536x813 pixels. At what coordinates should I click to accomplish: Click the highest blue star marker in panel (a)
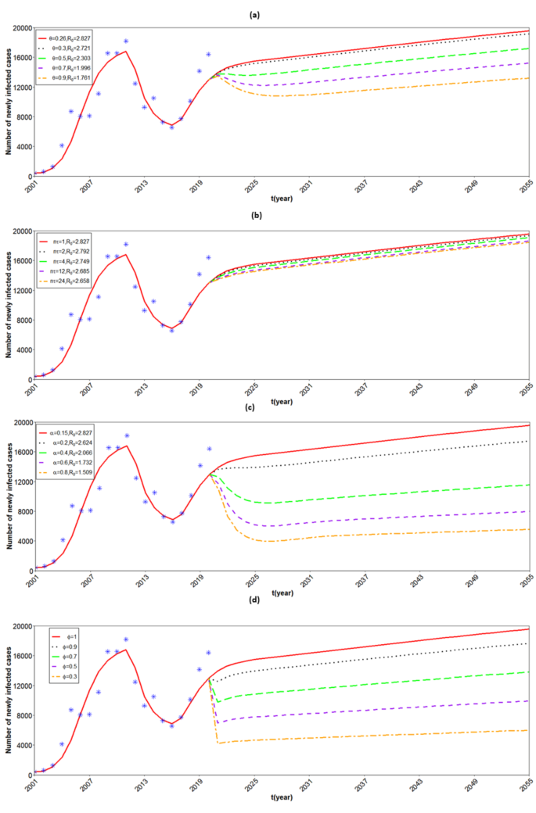pos(126,41)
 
